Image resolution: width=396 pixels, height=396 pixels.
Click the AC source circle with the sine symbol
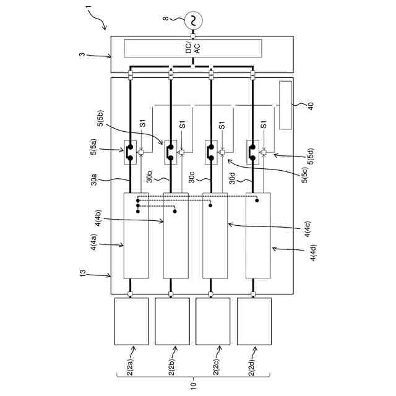pyautogui.click(x=193, y=21)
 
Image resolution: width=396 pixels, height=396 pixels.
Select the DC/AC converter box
pyautogui.click(x=193, y=48)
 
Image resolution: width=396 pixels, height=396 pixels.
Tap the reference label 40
pyautogui.click(x=311, y=106)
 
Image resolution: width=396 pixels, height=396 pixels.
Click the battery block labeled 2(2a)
pyautogui.click(x=132, y=321)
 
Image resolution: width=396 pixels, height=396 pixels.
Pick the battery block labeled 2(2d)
pyautogui.click(x=254, y=321)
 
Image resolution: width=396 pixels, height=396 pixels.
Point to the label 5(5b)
pyautogui.click(x=101, y=118)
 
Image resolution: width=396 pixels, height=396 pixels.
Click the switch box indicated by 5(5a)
pyautogui.click(x=131, y=152)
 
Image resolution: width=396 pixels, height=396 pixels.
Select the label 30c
pyautogui.click(x=192, y=177)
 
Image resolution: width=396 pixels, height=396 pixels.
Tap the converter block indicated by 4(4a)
pyautogui.click(x=136, y=236)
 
